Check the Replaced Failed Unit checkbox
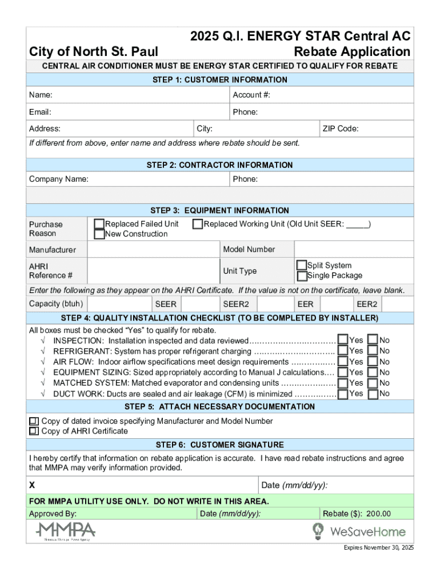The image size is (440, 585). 99,224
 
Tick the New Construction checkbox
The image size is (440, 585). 99,234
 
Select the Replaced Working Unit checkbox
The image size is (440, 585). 198,224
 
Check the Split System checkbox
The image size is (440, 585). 302,266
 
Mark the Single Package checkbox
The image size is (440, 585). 302,276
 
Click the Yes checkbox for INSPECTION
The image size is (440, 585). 343,340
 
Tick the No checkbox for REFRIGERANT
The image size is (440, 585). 373,351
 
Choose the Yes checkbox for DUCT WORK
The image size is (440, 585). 343,394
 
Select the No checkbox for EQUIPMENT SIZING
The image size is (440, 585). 373,372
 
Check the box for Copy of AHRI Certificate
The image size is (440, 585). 34,431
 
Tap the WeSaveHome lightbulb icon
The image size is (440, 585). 318,531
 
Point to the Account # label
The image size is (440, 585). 251,95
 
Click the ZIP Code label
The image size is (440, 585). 341,129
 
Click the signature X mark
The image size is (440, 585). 33,485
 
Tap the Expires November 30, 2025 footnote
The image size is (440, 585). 378,548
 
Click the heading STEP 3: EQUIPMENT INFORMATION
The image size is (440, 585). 220,210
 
